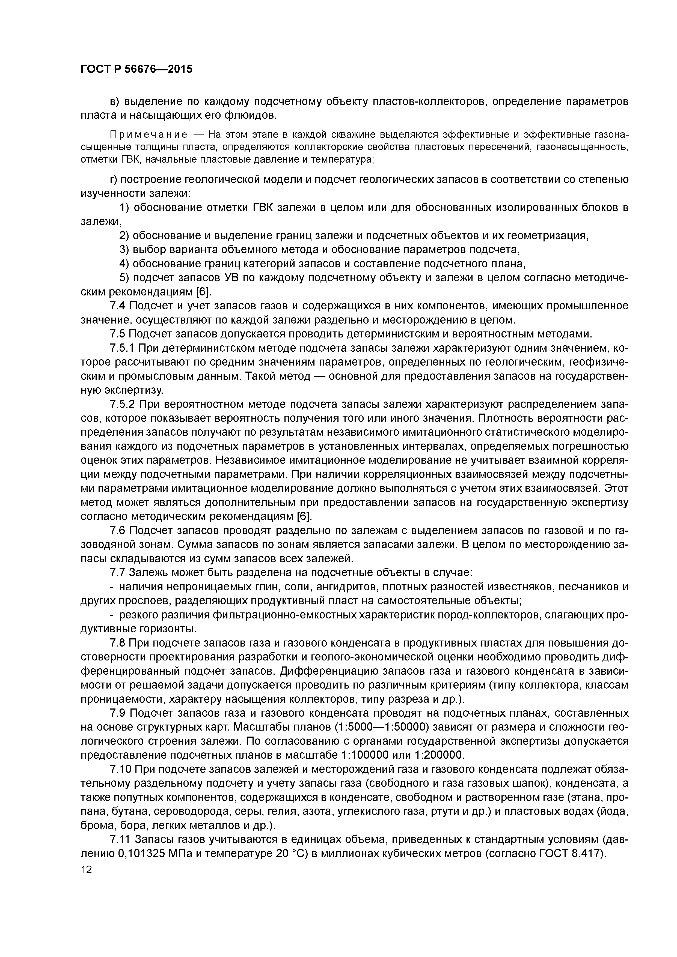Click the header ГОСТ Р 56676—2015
[136, 69]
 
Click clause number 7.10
[121, 769]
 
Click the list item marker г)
[114, 180]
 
